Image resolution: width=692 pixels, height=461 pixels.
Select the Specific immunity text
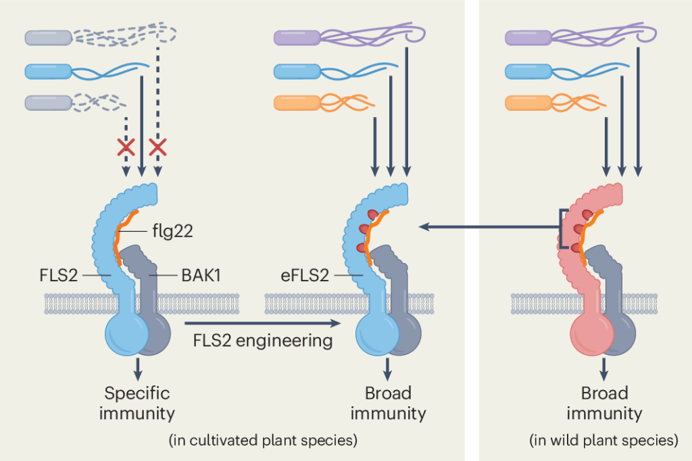pyautogui.click(x=137, y=403)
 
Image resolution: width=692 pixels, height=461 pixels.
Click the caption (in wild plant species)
pyautogui.click(x=603, y=441)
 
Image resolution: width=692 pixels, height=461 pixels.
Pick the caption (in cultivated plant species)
pyautogui.click(x=262, y=441)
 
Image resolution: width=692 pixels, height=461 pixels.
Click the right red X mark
pyautogui.click(x=158, y=146)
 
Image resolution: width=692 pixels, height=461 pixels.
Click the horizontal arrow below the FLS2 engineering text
pyautogui.click(x=264, y=324)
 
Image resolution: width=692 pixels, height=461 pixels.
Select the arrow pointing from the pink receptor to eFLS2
pyautogui.click(x=486, y=228)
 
